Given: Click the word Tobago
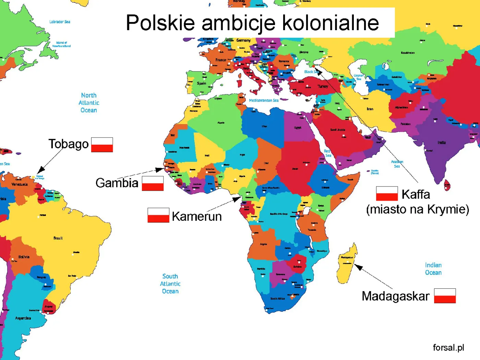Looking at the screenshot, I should (x=68, y=144).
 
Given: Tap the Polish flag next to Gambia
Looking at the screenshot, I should (x=153, y=183).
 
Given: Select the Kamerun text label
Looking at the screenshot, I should (x=197, y=216).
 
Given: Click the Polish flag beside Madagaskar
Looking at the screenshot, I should (x=445, y=296).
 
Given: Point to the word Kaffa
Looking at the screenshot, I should (x=416, y=194).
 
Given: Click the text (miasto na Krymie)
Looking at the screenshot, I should (x=417, y=209).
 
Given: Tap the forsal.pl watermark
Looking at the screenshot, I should (x=448, y=347).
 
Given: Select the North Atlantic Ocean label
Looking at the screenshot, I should (x=89, y=103).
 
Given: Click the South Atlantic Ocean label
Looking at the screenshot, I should (x=170, y=284).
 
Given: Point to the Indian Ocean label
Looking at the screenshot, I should (x=433, y=269).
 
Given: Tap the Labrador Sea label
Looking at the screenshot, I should (x=60, y=22).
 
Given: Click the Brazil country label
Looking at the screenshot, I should (x=58, y=238).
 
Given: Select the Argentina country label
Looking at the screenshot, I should (x=23, y=318).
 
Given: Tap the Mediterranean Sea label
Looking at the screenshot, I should (x=264, y=100).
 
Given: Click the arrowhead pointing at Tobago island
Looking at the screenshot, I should (x=40, y=170).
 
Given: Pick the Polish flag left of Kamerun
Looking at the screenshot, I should (x=158, y=215).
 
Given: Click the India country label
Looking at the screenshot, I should (x=442, y=142).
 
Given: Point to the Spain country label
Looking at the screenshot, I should (x=202, y=83).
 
